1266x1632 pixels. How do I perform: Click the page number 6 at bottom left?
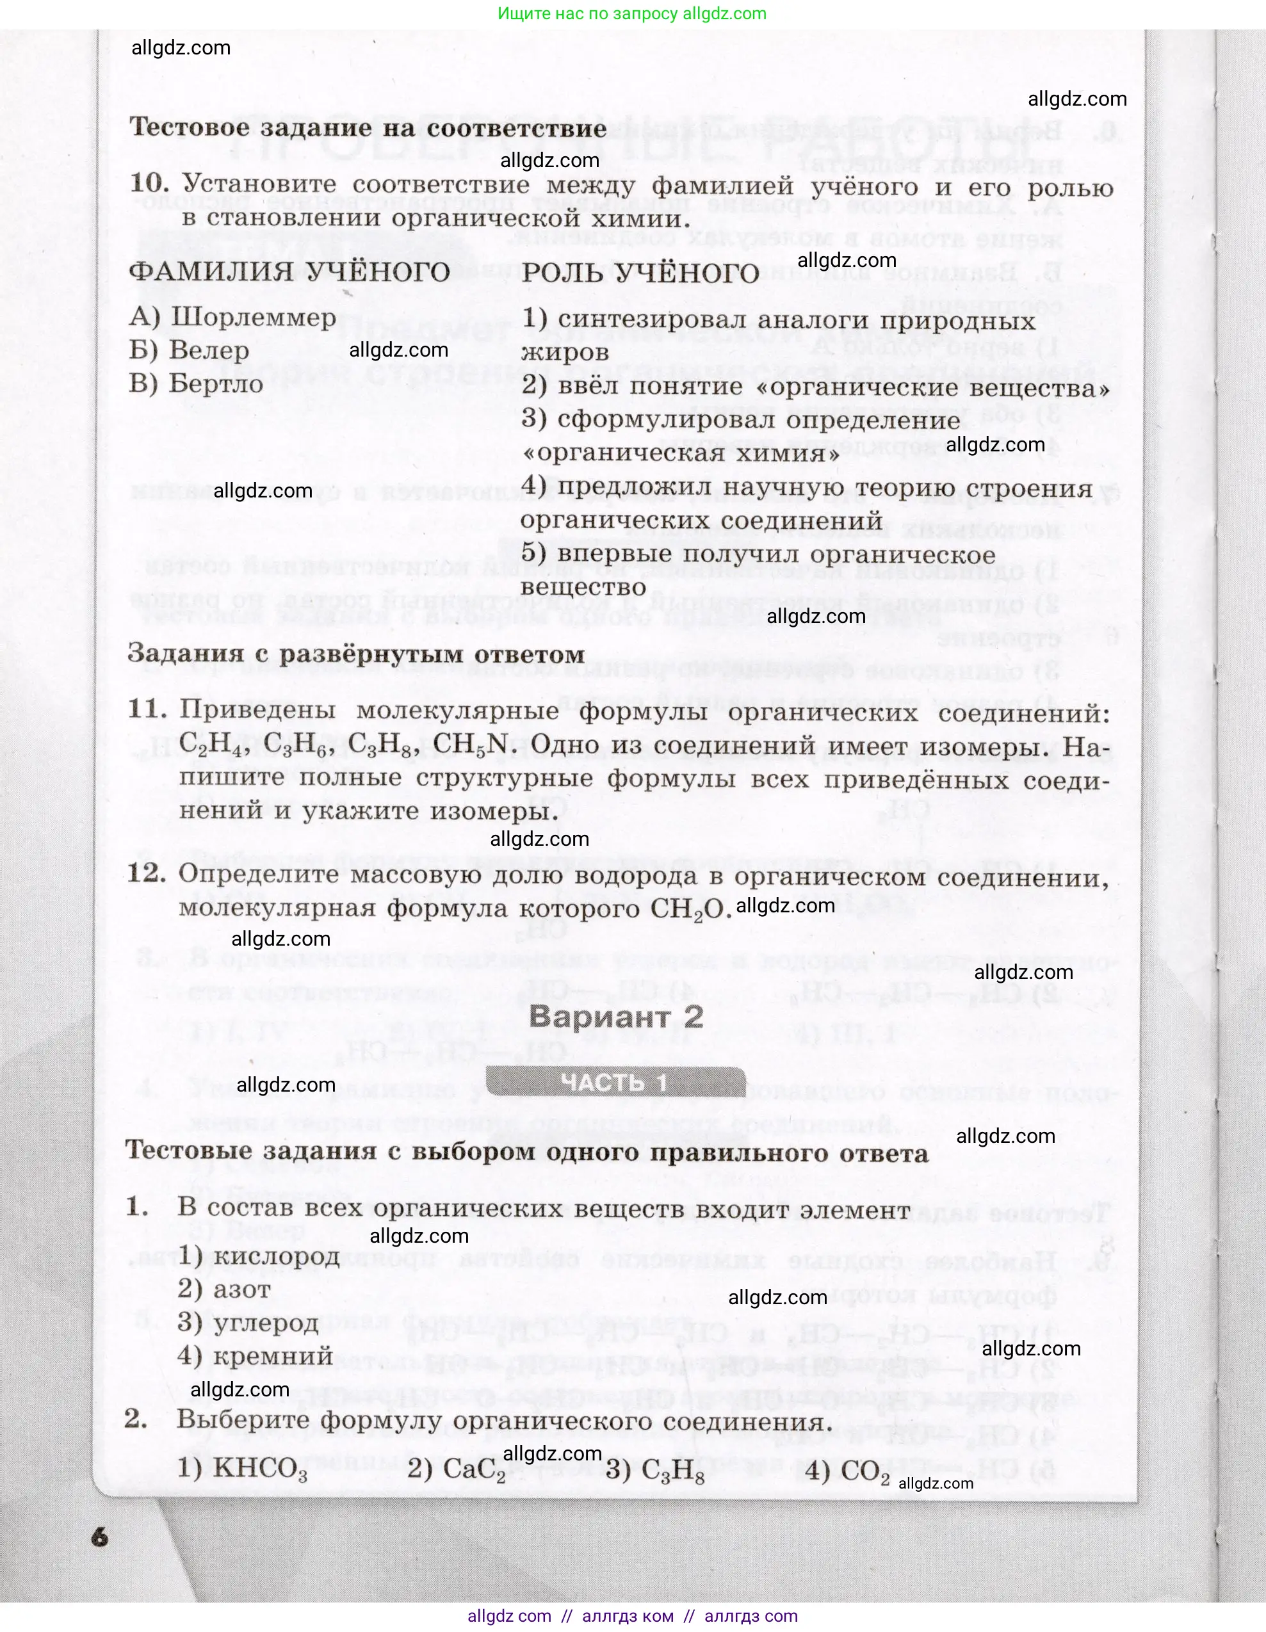point(99,1537)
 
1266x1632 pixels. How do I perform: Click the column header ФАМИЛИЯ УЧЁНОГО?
point(289,271)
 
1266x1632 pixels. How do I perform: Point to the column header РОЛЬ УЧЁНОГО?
point(640,273)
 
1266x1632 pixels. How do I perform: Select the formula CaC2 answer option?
point(475,1470)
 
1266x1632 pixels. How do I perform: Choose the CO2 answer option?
point(864,1471)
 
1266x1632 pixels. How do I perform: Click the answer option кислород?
point(277,1257)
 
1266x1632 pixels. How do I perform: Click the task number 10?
point(149,183)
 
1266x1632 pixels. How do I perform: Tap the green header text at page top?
point(632,13)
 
